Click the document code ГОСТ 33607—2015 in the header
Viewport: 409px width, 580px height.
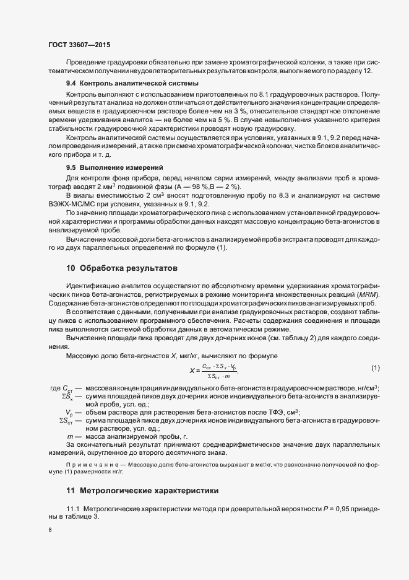click(79, 45)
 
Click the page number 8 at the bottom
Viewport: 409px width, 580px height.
click(50, 530)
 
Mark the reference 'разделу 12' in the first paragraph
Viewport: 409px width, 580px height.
click(353, 71)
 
